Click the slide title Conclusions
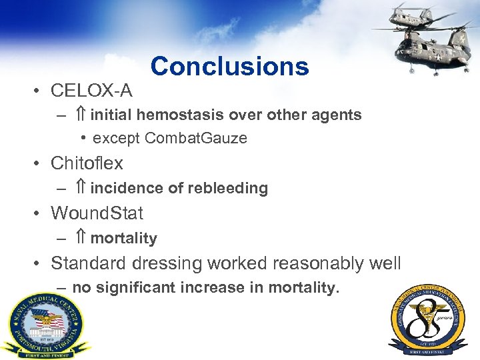click(x=229, y=66)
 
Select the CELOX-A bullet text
click(x=91, y=89)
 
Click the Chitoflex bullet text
click(x=87, y=163)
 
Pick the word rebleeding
click(x=229, y=189)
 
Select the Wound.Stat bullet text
click(x=97, y=213)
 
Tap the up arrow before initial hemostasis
click(x=80, y=115)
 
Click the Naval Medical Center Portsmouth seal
click(x=45, y=325)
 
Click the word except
click(x=117, y=138)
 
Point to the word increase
click(x=219, y=288)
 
